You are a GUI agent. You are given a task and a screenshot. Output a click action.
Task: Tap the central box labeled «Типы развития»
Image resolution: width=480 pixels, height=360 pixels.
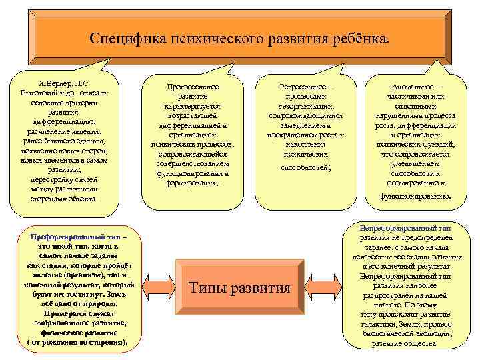(240, 288)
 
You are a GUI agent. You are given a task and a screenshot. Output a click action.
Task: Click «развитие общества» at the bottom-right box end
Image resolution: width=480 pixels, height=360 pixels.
(405, 343)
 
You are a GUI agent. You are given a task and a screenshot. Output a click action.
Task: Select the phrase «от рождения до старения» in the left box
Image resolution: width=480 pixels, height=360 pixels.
(77, 341)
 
